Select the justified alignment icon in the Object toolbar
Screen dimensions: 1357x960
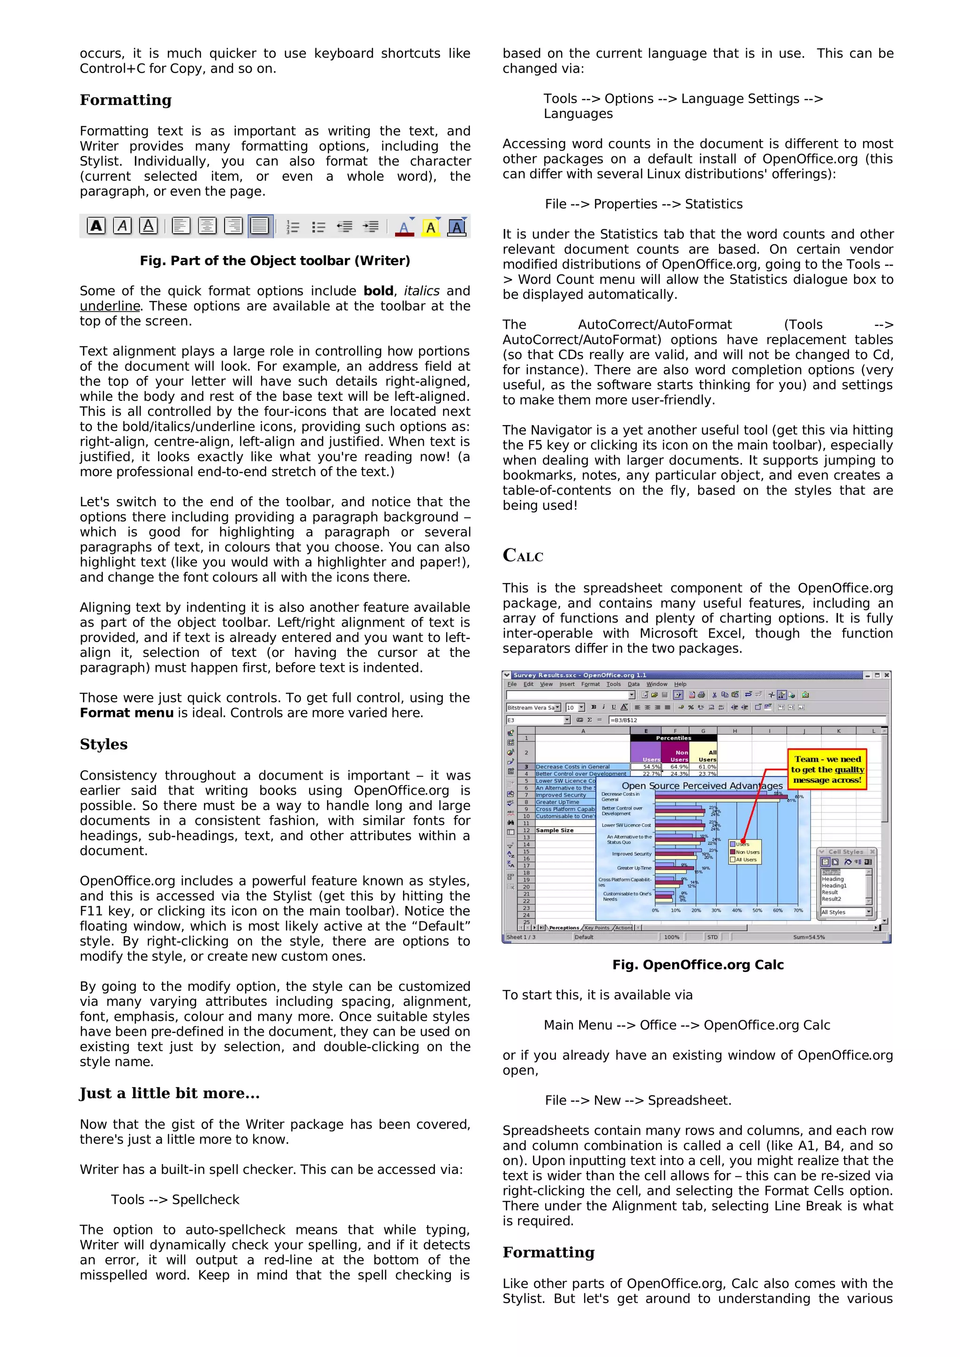click(260, 226)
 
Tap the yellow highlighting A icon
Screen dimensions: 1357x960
click(431, 228)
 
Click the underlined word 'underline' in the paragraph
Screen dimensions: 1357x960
click(110, 306)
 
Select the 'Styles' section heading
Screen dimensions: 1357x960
click(104, 744)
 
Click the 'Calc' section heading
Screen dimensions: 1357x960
click(523, 555)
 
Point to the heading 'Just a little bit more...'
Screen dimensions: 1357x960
click(170, 1093)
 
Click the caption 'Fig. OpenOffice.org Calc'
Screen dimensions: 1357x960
click(697, 965)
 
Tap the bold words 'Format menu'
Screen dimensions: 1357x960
click(127, 713)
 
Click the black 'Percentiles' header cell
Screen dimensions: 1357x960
click(673, 737)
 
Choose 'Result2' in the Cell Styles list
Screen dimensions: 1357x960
click(831, 899)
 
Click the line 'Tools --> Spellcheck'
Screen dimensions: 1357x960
click(175, 1199)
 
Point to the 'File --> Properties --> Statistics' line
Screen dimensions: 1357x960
click(644, 204)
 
